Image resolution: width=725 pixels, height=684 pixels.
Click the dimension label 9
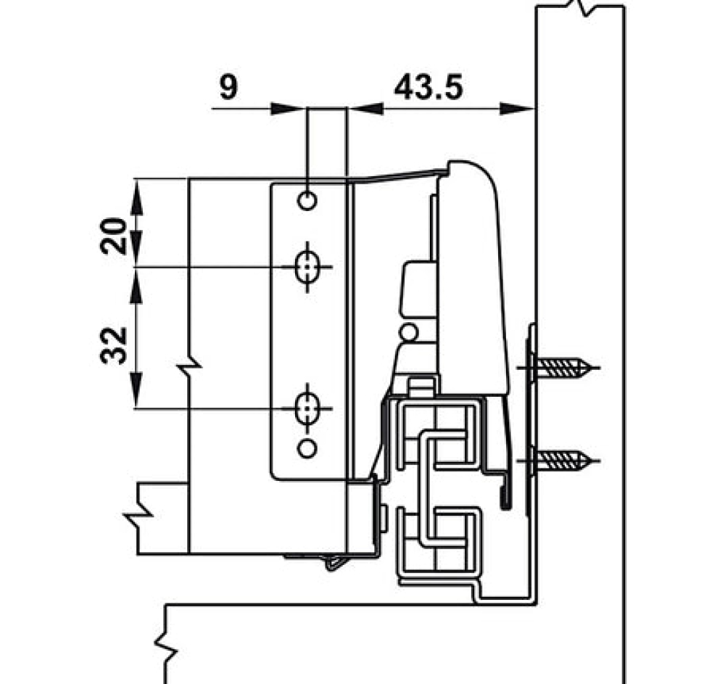pyautogui.click(x=228, y=88)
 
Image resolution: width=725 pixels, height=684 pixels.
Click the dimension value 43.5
pyautogui.click(x=428, y=88)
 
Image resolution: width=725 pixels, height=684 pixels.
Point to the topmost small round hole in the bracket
pyautogui.click(x=307, y=199)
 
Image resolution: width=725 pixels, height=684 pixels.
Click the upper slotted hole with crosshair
pyautogui.click(x=308, y=267)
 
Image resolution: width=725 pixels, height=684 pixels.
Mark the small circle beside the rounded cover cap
pyautogui.click(x=409, y=333)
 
